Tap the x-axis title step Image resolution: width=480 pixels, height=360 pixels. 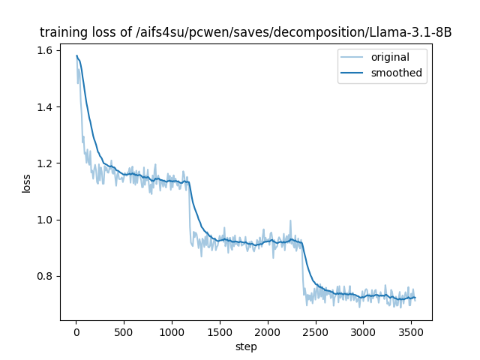coord(246,347)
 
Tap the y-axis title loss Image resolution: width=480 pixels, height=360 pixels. coord(26,184)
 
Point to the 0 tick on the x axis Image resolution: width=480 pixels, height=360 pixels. coord(76,332)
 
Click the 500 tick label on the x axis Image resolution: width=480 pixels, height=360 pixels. coord(124,332)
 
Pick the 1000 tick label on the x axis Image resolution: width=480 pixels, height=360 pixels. coord(172,332)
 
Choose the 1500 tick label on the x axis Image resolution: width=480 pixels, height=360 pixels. coord(220,332)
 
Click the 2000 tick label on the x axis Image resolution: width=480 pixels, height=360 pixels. coord(268,332)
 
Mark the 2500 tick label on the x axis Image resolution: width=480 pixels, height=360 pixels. coord(316,332)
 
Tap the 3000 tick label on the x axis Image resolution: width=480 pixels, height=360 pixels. coord(363,332)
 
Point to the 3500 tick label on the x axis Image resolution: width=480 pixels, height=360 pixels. coord(411,332)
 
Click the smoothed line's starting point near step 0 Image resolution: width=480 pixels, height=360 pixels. coord(76,55)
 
